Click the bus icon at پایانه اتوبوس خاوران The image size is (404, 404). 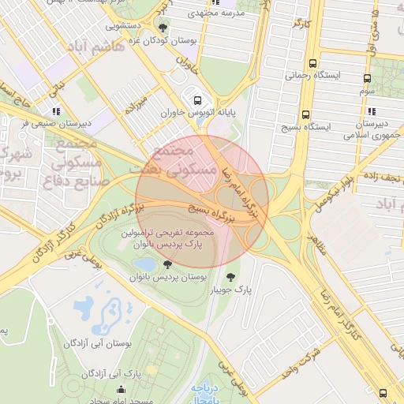point(196,100)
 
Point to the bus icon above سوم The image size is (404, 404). point(367,78)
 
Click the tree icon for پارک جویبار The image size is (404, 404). point(230,277)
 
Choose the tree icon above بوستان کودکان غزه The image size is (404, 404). point(163,28)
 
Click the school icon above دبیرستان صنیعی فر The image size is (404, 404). point(54,111)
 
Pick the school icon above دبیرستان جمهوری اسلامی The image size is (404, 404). point(371,111)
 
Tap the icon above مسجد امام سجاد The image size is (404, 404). point(120,389)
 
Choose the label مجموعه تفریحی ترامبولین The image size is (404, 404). point(168,234)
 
